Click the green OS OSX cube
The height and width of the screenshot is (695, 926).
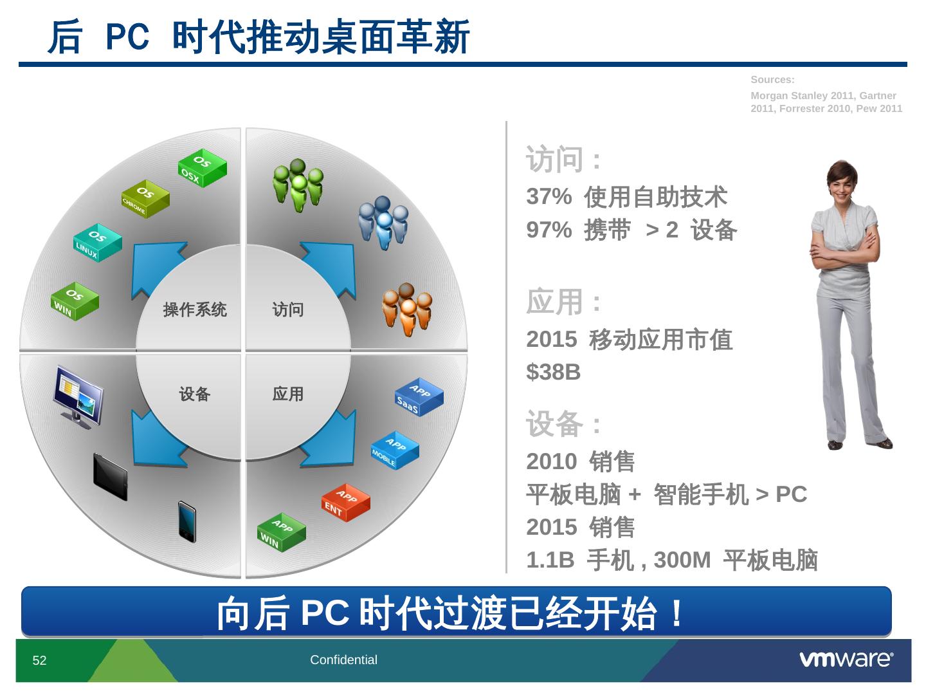(203, 168)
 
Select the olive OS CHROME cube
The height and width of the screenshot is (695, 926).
(145, 199)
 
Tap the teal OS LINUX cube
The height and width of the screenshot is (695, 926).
(98, 243)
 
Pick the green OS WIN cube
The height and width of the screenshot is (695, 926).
(75, 301)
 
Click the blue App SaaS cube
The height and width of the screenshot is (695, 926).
(419, 397)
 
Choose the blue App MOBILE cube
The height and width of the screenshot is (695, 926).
(395, 450)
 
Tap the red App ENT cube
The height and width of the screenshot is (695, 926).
(346, 503)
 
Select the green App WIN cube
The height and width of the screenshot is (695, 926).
(282, 533)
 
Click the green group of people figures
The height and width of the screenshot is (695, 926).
(298, 185)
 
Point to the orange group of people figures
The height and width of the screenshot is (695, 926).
(406, 310)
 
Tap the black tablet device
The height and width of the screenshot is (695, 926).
(111, 477)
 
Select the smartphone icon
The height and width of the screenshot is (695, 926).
(187, 521)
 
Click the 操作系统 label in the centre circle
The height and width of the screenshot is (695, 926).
(195, 310)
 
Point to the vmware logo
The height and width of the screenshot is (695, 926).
(846, 659)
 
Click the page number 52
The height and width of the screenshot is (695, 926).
(39, 660)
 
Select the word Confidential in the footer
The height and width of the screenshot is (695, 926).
(343, 660)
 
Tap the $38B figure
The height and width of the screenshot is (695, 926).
(554, 372)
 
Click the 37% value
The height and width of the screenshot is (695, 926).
(549, 196)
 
